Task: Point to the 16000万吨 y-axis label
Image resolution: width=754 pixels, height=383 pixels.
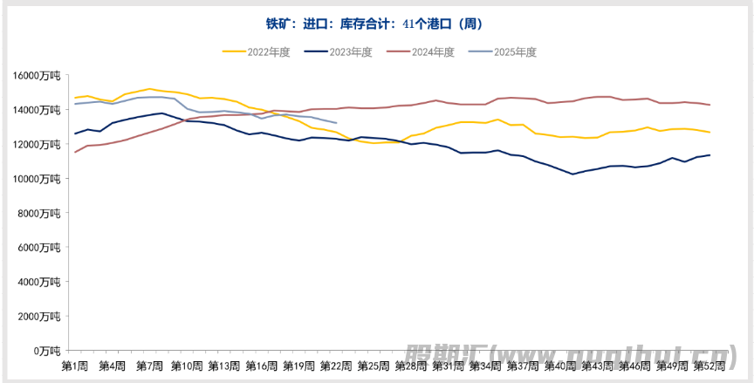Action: [x=38, y=76]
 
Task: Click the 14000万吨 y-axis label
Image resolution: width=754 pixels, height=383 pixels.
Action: [x=38, y=110]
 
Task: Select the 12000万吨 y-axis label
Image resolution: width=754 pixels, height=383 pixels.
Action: [x=38, y=145]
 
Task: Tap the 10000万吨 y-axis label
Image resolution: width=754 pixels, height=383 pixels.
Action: [x=38, y=179]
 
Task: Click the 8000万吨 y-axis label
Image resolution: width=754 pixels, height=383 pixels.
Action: [x=40, y=213]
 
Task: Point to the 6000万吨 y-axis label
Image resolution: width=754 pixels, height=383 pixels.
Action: [x=40, y=248]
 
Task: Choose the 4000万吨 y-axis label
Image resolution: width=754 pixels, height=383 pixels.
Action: [x=40, y=282]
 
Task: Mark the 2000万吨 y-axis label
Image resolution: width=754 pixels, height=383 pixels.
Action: [x=40, y=317]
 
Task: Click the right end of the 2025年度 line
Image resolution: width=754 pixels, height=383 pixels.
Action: [x=337, y=123]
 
